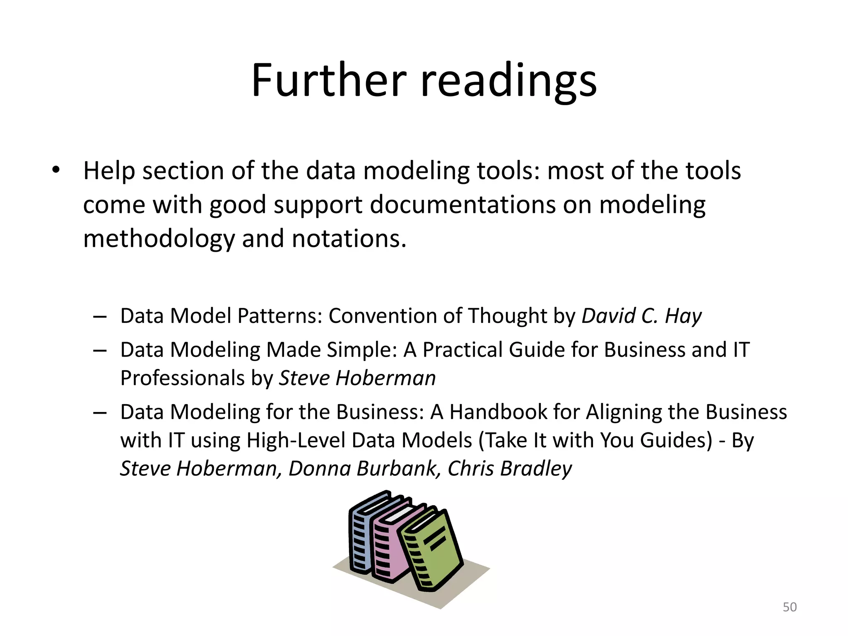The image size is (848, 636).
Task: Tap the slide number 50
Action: coord(790,607)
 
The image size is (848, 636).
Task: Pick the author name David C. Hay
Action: coord(641,316)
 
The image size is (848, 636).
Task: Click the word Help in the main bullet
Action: coord(109,171)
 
